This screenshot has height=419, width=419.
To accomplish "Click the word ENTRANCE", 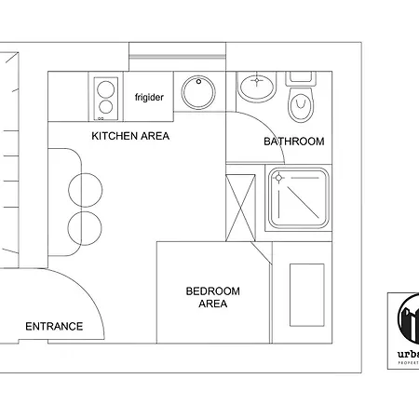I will point(54,326).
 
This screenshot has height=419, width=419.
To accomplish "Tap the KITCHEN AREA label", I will point(130,136).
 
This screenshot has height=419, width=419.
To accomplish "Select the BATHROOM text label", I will point(293,142).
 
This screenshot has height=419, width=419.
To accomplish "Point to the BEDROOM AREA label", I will point(212,298).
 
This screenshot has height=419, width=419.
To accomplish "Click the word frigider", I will point(149,98).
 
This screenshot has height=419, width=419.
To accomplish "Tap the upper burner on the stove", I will point(105,90).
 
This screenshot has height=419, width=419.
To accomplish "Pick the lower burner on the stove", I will point(105,108).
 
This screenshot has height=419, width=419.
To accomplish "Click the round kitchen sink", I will point(198,92).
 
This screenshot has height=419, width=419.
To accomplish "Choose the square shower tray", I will point(298,197).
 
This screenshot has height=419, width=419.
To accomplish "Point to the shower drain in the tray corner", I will point(278,177).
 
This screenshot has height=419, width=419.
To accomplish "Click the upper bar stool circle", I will point(84,190).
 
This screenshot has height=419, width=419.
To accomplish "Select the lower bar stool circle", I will point(84,226).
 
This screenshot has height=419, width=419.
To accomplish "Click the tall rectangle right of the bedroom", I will point(306,294).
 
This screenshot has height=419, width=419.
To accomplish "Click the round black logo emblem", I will point(409,321).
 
